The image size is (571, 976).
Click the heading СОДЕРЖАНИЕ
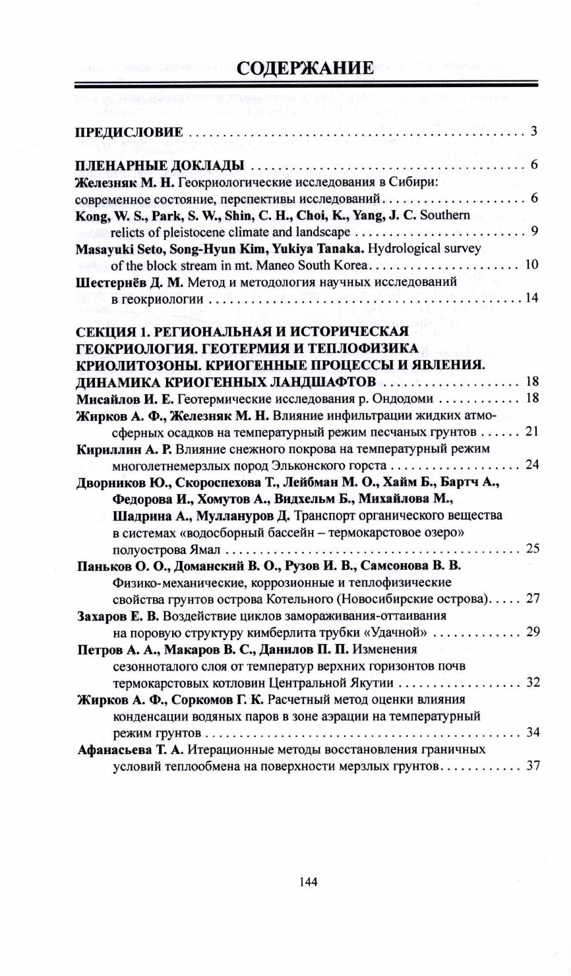click(x=305, y=67)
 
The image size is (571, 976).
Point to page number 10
click(x=532, y=265)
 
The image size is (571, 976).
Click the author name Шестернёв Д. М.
click(x=126, y=282)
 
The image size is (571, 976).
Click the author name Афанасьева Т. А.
click(x=130, y=749)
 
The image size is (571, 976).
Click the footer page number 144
click(x=308, y=882)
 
